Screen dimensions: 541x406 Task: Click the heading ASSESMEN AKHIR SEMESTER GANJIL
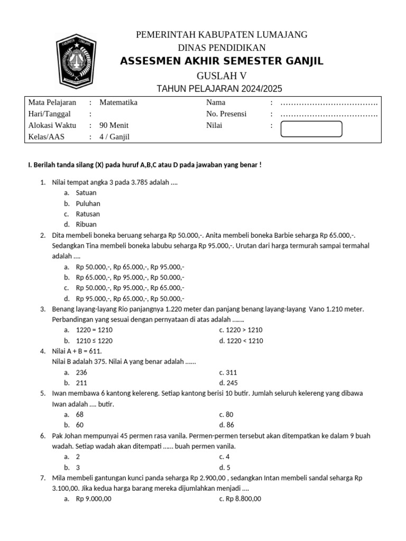coord(222,61)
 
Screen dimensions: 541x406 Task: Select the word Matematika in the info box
coord(118,102)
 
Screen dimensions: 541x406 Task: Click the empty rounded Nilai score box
coord(311,128)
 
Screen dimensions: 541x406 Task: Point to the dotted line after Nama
coord(329,103)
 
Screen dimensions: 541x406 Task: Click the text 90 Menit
coord(114,125)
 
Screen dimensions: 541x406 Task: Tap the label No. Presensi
coord(226,114)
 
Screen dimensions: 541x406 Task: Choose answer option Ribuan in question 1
coord(87,225)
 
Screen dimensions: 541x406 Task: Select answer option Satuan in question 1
coord(86,193)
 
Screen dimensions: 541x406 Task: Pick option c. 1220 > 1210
coord(241,330)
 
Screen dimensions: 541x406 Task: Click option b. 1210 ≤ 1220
coord(94,341)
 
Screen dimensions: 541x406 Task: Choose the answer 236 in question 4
coord(81,372)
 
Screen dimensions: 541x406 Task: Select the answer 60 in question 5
coord(80,425)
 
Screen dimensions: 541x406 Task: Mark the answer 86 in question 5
coord(229,425)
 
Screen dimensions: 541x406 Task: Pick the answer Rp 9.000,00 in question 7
coord(94,499)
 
